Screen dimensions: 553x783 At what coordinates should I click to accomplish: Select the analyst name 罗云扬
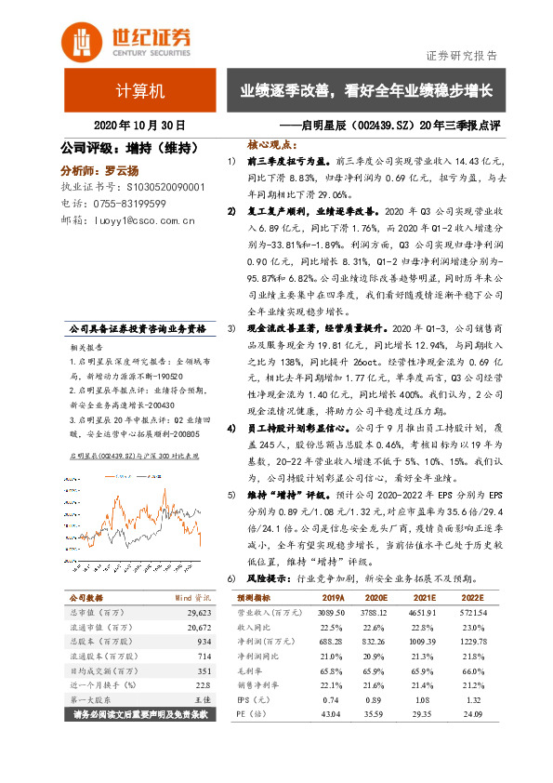click(120, 169)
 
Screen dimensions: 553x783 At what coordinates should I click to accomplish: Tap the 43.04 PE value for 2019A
click(332, 714)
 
